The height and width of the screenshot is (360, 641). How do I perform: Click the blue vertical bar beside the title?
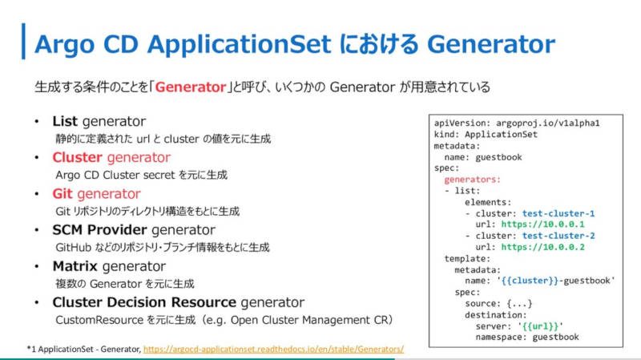[x=23, y=42]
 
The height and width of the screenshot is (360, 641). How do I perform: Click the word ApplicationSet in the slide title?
[x=239, y=45]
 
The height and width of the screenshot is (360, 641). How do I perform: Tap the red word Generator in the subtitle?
[x=191, y=87]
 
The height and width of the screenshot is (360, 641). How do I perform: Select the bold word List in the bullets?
[x=65, y=121]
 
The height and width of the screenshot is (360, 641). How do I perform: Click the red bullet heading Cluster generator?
[x=111, y=157]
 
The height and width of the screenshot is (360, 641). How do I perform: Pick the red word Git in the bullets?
[x=62, y=193]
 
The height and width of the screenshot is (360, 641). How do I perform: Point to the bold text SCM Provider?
[x=99, y=230]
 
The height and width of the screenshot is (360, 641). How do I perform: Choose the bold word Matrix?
[x=75, y=266]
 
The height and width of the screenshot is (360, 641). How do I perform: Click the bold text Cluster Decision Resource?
[x=144, y=302]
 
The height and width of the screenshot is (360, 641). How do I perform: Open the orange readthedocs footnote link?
[x=273, y=349]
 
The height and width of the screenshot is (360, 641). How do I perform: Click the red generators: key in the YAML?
[x=472, y=180]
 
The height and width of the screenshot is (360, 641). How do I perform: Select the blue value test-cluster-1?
[x=558, y=213]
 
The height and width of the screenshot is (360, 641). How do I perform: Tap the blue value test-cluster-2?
[x=558, y=236]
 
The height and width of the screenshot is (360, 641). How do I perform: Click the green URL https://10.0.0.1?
[x=543, y=224]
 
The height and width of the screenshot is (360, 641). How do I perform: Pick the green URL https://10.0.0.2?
[x=543, y=247]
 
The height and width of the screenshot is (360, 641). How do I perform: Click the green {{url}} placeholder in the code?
[x=540, y=326]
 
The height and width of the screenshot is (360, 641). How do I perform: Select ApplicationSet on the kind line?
[x=502, y=134]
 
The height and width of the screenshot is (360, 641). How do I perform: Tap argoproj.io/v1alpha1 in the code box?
[x=548, y=123]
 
